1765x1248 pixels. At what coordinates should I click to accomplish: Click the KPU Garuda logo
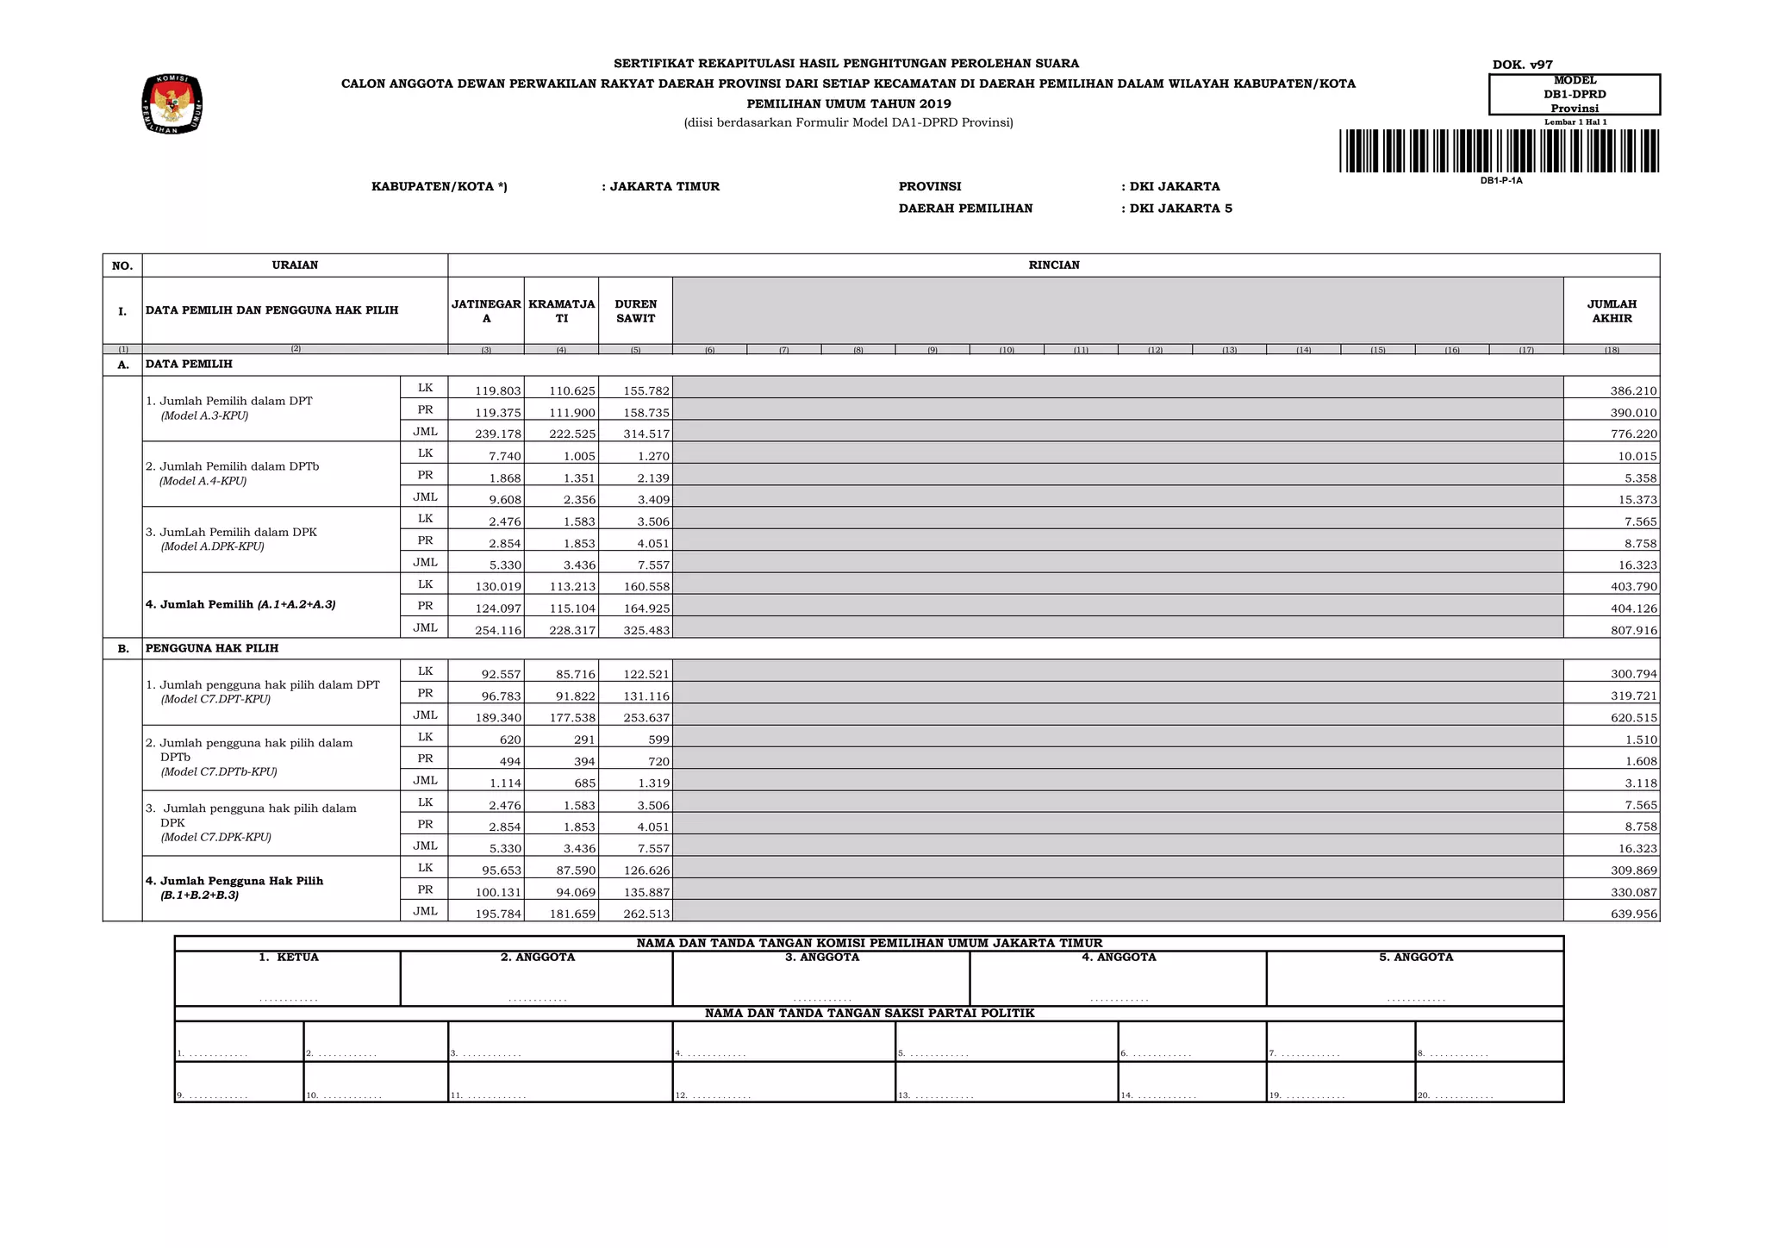[x=172, y=103]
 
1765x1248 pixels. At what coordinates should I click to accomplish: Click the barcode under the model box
[x=1500, y=151]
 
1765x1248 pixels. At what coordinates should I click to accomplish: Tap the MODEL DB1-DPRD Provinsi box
[x=1574, y=94]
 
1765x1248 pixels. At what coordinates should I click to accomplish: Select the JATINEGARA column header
[x=486, y=311]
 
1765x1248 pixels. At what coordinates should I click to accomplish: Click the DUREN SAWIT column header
[x=635, y=311]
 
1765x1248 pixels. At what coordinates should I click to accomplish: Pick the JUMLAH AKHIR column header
[x=1611, y=311]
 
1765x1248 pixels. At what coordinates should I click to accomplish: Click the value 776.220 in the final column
[x=1633, y=434]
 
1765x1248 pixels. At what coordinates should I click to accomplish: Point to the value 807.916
[x=1633, y=631]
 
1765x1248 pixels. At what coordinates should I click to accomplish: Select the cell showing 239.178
[x=498, y=434]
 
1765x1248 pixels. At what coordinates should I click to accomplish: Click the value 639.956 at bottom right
[x=1633, y=914]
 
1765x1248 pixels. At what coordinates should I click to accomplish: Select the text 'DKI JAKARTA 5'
[x=1180, y=209]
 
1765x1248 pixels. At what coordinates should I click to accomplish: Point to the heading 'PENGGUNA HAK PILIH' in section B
[x=212, y=648]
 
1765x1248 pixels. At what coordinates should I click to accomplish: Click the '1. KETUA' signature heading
[x=289, y=958]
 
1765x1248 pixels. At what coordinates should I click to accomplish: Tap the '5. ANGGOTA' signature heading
[x=1415, y=958]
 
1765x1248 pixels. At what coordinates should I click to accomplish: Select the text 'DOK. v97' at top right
[x=1522, y=65]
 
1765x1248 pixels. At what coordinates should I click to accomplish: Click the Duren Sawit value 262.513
[x=646, y=914]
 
